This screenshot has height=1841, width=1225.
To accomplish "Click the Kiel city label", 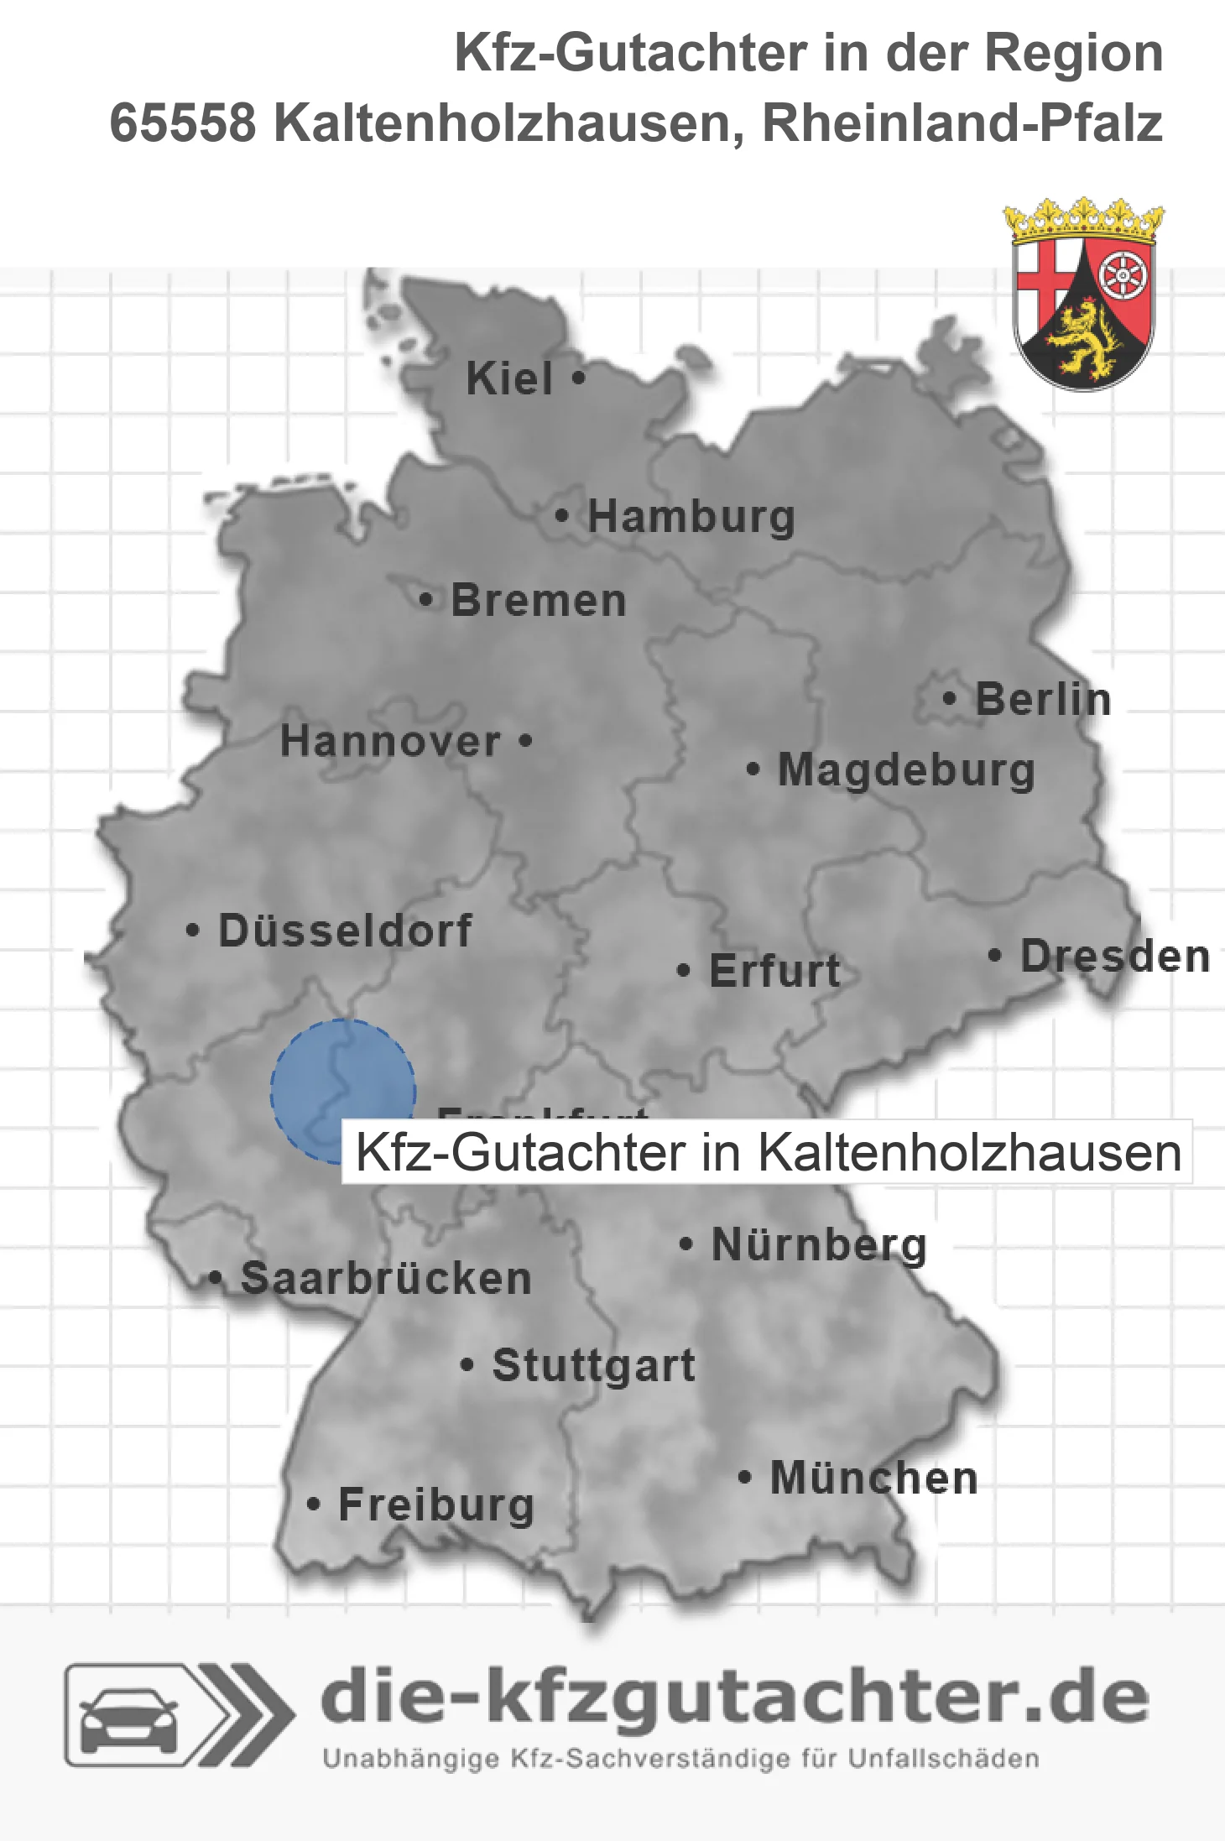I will pyautogui.click(x=509, y=378).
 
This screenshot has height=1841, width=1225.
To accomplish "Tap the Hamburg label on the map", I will pyautogui.click(x=691, y=516).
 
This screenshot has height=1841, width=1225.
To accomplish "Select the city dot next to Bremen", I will pyautogui.click(x=426, y=600).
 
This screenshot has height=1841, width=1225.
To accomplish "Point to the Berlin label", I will pyautogui.click(x=1043, y=699).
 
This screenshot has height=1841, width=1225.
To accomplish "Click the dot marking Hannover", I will pyautogui.click(x=526, y=740).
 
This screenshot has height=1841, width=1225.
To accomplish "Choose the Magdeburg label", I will pyautogui.click(x=906, y=769).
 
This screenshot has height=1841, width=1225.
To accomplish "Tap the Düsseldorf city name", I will pyautogui.click(x=345, y=931).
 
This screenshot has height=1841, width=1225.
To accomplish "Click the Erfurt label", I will pyautogui.click(x=774, y=971).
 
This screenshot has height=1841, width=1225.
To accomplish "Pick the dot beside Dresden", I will pyautogui.click(x=994, y=955).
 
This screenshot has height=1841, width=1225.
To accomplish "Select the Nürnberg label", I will pyautogui.click(x=819, y=1244).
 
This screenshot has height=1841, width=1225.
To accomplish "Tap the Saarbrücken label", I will pyautogui.click(x=386, y=1278).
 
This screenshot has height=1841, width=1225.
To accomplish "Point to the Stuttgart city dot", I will pyautogui.click(x=467, y=1364).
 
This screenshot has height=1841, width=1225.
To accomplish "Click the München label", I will pyautogui.click(x=874, y=1478).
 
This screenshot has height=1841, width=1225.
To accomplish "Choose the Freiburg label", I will pyautogui.click(x=436, y=1505).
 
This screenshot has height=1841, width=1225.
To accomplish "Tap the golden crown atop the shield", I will pyautogui.click(x=1084, y=220).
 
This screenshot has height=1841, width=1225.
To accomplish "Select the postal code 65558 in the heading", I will pyautogui.click(x=183, y=123).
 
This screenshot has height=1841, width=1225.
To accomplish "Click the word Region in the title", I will pyautogui.click(x=1073, y=53).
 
